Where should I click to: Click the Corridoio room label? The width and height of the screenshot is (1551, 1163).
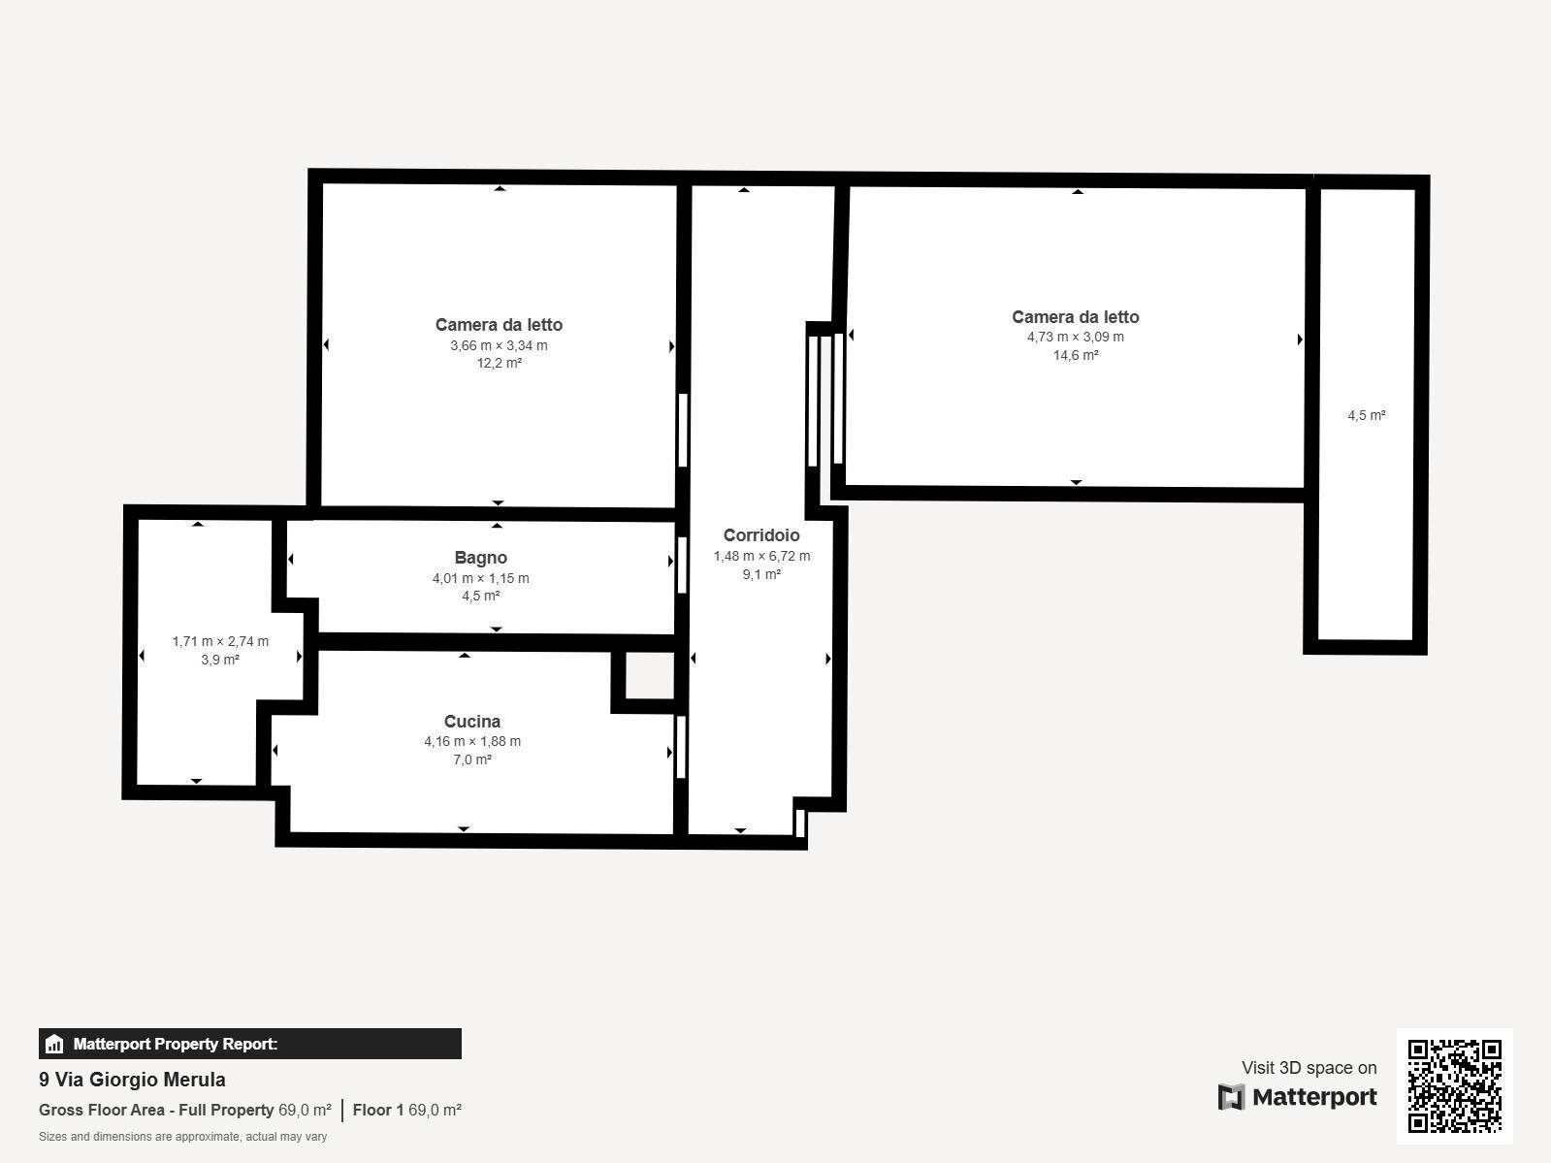761,535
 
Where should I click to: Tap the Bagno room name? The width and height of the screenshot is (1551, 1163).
480,558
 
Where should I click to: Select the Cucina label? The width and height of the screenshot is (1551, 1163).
472,722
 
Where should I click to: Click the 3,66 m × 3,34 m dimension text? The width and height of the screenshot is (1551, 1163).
499,345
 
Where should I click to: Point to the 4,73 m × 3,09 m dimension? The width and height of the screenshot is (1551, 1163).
1076,337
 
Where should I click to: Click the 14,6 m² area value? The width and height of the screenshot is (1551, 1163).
1076,355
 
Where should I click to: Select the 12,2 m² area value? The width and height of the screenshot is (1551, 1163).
499,363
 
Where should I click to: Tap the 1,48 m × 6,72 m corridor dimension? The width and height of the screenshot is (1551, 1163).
761,556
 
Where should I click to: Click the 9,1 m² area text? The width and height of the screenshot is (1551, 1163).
761,574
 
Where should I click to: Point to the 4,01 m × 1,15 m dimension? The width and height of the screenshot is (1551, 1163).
480,578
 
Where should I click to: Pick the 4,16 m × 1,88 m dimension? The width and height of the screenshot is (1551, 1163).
472,741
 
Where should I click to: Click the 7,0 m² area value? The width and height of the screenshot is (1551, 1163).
472,759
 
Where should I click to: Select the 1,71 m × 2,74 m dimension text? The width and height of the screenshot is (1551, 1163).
220,641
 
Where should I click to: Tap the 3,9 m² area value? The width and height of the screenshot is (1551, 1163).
220,660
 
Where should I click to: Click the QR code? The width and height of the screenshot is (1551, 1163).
1454,1086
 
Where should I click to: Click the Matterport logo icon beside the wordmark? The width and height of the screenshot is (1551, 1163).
1231,1097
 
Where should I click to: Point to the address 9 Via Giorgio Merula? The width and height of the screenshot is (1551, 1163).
132,1080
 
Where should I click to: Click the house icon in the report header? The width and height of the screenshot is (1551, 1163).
54,1044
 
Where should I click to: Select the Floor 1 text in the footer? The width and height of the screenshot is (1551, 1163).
378,1110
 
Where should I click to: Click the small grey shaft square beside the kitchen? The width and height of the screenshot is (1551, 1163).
649,675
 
